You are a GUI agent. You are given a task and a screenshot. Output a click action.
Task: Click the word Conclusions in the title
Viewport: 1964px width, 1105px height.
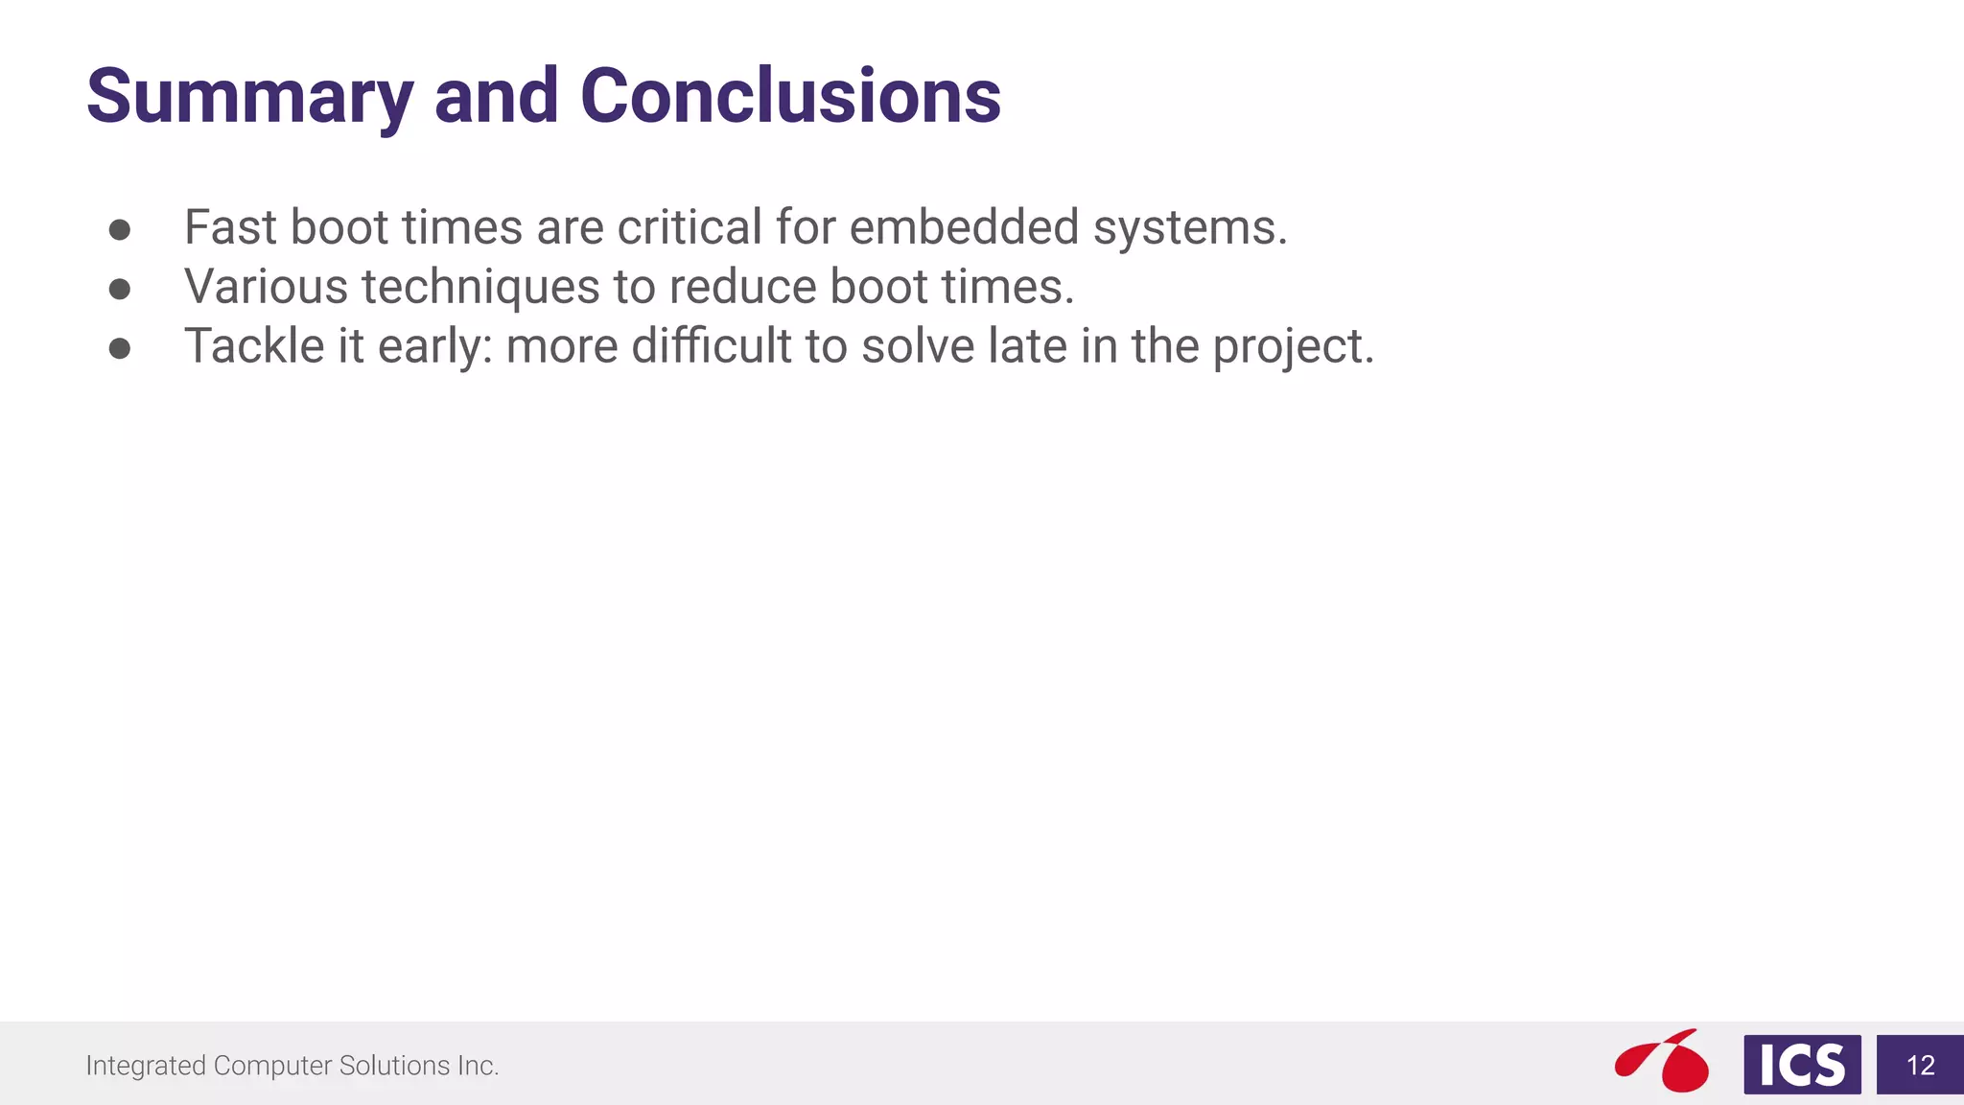tap(790, 97)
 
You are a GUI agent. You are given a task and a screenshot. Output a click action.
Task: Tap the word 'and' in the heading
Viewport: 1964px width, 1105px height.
tap(496, 97)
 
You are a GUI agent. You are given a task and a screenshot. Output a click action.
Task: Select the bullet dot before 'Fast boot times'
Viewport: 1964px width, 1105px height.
tap(120, 229)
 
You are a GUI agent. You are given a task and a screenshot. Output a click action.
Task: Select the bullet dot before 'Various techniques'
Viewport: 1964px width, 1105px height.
tap(120, 289)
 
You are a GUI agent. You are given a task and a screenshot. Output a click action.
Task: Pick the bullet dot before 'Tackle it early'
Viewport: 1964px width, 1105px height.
tap(120, 348)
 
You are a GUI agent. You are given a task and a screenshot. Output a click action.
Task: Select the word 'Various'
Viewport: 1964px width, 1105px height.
tap(266, 288)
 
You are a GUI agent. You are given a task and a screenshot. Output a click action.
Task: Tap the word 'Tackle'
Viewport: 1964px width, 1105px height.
tap(254, 346)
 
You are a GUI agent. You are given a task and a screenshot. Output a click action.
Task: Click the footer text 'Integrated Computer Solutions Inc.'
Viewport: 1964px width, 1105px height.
tap(292, 1066)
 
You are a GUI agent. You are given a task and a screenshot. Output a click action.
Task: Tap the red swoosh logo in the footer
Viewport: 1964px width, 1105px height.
tap(1664, 1062)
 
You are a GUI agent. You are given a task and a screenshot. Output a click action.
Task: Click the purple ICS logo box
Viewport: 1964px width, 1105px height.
tap(1802, 1065)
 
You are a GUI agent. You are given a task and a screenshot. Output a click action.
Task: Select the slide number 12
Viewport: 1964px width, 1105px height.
tap(1920, 1066)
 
